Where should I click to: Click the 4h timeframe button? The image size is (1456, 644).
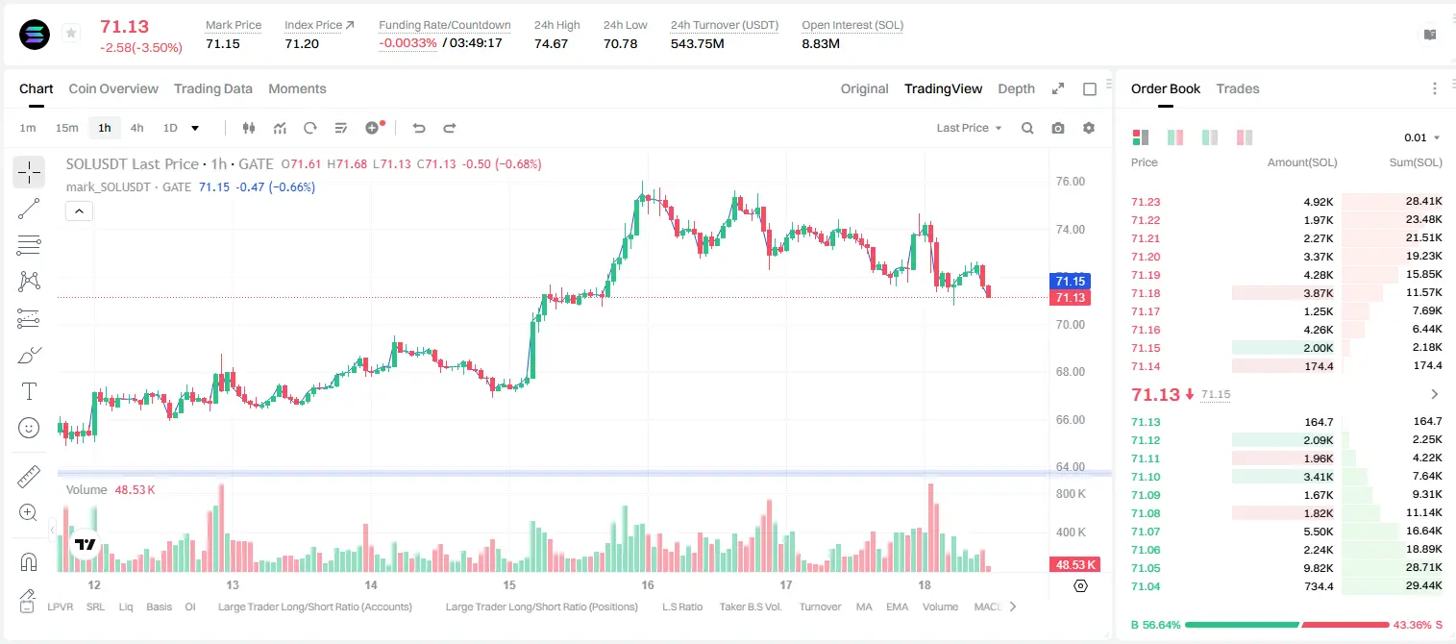pos(136,128)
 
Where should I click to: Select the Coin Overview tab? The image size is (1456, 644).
pos(113,88)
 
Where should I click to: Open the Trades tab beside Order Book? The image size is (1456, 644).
pos(1238,88)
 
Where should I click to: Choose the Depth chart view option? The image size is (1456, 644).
pos(1016,88)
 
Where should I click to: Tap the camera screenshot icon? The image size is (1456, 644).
pos(1058,128)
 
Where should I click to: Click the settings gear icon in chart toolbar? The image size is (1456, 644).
pos(1089,128)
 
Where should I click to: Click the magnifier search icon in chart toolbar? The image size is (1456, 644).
pos(1027,128)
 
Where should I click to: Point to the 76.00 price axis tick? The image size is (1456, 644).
pos(1070,182)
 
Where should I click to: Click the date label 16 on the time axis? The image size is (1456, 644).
pos(648,584)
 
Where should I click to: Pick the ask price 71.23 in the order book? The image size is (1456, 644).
pos(1146,202)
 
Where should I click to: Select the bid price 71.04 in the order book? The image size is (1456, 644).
pos(1146,586)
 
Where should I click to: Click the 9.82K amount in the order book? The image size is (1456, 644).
pos(1319,568)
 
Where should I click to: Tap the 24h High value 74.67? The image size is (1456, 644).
pos(552,43)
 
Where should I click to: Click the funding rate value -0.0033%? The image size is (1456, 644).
pos(407,43)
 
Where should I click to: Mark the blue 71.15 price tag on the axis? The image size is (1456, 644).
pos(1070,281)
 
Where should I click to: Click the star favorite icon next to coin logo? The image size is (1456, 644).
pos(71,33)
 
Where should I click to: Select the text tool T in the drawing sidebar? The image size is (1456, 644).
pos(29,391)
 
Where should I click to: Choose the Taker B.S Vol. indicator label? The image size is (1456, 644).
pos(750,607)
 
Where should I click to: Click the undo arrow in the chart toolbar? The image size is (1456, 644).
pos(419,128)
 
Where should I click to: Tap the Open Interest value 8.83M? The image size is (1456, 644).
pos(821,43)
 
